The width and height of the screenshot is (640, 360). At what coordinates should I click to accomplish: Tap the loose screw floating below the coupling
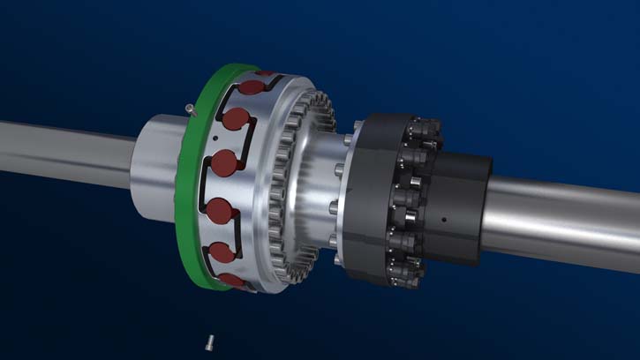click(x=210, y=340)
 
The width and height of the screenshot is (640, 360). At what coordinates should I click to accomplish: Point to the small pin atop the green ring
click(x=192, y=109)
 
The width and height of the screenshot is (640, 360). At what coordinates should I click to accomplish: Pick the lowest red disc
click(x=232, y=281)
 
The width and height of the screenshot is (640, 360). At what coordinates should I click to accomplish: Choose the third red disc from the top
click(x=224, y=163)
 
